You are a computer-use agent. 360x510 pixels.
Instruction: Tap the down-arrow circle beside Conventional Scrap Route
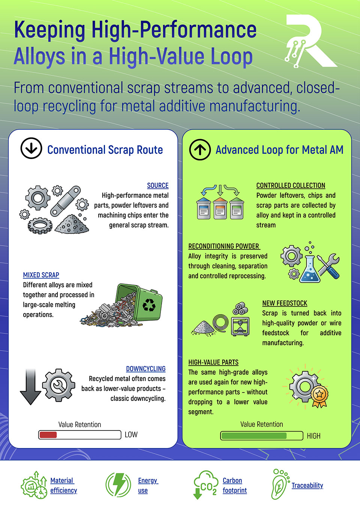point(31,148)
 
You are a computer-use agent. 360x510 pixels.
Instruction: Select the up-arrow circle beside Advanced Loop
point(200,150)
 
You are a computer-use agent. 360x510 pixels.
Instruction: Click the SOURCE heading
point(157,185)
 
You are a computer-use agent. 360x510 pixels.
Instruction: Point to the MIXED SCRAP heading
point(41,275)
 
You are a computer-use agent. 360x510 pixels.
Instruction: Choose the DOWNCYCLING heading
point(145,369)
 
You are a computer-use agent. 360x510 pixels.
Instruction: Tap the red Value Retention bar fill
point(48,435)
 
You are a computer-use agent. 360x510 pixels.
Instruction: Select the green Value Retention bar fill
point(254,436)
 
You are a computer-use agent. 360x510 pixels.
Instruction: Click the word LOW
point(131,435)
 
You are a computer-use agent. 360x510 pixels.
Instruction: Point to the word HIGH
point(313,436)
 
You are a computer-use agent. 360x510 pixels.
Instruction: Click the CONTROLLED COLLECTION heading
point(291,185)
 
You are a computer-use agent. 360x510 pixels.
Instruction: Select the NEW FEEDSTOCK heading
point(285,303)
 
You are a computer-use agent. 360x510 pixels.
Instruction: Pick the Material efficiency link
point(63,485)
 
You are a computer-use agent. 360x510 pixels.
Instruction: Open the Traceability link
point(307,485)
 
